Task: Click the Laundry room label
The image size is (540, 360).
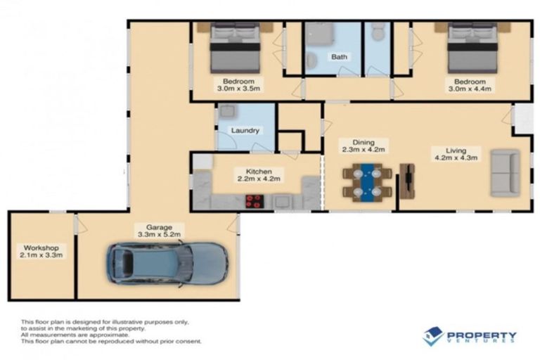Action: tap(245, 130)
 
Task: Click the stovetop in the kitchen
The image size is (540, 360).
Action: tap(255, 201)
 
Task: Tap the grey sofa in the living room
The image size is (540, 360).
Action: tap(505, 173)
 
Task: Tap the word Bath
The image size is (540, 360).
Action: tap(340, 57)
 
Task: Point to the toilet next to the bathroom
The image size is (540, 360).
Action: tap(378, 32)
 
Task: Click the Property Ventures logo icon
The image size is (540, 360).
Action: tap(432, 336)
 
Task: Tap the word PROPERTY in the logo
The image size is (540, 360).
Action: tap(482, 334)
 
